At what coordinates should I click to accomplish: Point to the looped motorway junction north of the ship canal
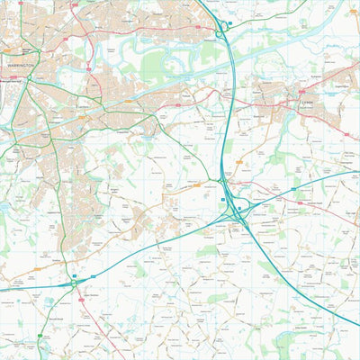click(220, 32)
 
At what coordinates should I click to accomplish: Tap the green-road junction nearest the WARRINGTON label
click(27, 79)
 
